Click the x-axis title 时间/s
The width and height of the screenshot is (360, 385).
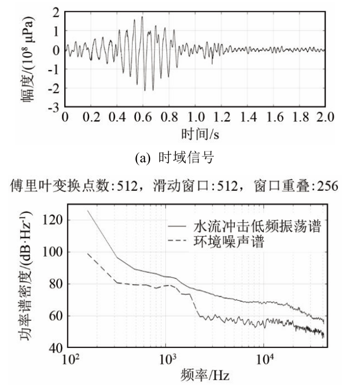(195, 132)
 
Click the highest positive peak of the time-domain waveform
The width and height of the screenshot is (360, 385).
(142, 17)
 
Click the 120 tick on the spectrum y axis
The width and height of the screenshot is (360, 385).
(55, 219)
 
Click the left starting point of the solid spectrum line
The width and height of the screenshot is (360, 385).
(87, 210)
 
